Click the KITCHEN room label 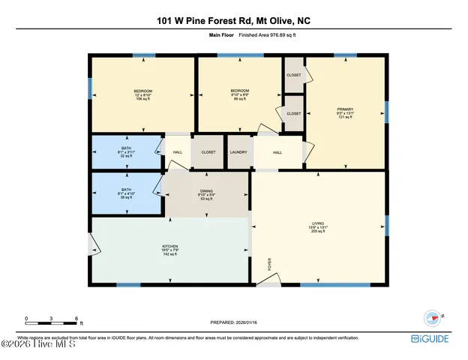click(171, 250)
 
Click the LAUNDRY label click(238, 152)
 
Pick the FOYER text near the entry click(270, 264)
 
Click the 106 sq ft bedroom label click(142, 95)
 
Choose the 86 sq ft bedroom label click(240, 95)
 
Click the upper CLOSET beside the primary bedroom click(293, 75)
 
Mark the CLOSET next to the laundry click(208, 152)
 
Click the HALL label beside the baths click(177, 152)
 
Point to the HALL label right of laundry click(277, 152)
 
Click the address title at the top click(233, 22)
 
